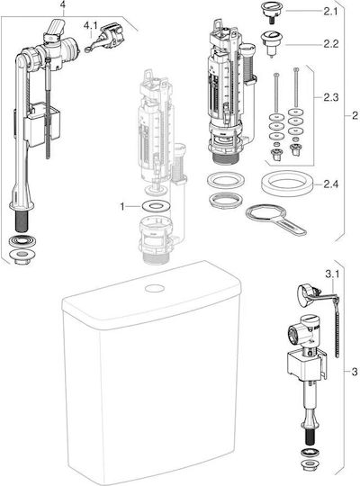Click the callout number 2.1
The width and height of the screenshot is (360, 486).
331,12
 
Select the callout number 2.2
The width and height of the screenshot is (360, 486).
331,44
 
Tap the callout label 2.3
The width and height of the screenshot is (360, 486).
331,97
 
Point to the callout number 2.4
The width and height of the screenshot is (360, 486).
331,184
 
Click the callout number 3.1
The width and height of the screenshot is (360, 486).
332,274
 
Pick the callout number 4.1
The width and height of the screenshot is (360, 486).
90,25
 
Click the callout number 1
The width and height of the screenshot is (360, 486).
122,206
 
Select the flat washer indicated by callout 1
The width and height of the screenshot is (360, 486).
156,205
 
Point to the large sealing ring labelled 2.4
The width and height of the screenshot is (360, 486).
285,184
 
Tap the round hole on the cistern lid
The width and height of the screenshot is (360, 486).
155,289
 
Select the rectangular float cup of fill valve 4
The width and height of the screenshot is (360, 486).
42,124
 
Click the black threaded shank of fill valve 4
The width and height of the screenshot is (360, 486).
22,220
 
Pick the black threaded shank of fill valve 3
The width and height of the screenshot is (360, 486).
310,437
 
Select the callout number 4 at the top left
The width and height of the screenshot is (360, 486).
64,4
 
